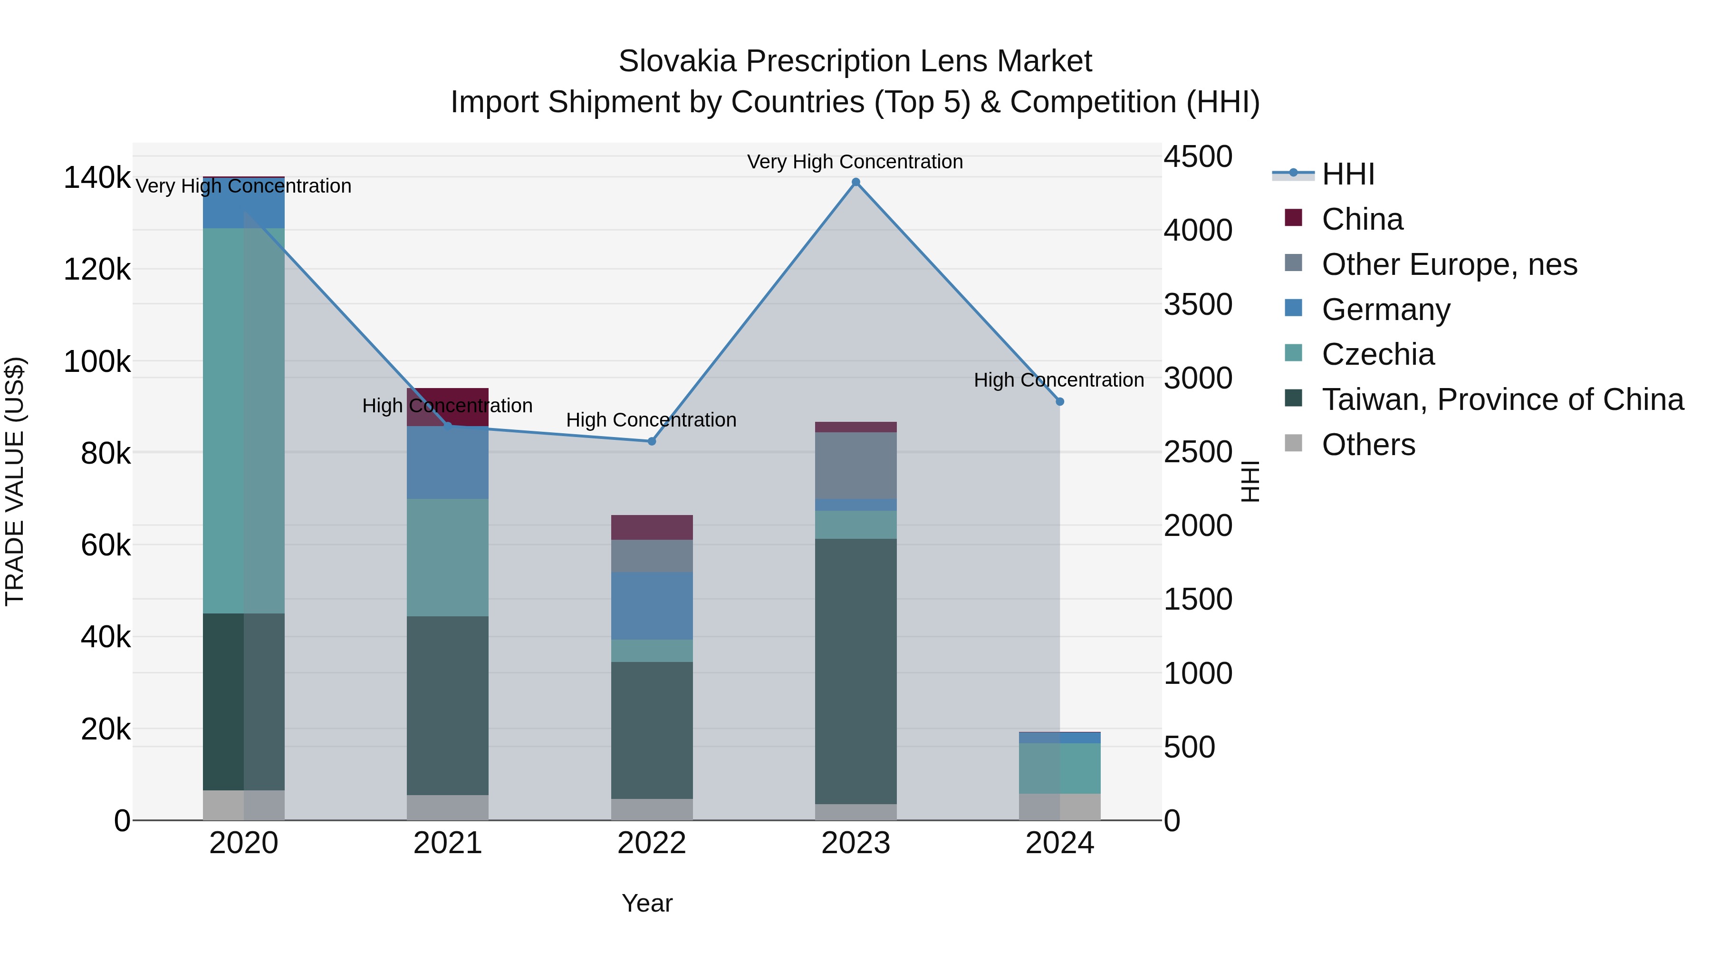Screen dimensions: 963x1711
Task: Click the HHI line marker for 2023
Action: click(855, 182)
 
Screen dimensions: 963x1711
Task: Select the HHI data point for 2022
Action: click(652, 441)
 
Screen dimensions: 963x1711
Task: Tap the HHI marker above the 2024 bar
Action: click(1059, 401)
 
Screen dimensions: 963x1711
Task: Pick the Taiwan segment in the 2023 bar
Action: click(855, 671)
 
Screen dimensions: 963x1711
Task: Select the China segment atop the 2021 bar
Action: click(448, 407)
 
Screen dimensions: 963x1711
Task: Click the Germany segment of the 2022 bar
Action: click(652, 605)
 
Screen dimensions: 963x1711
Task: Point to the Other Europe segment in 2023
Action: click(855, 465)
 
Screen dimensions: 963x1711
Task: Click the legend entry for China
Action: click(1362, 219)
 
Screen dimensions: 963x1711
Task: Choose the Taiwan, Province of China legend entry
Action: click(1502, 399)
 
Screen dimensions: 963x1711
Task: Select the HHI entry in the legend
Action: click(1348, 174)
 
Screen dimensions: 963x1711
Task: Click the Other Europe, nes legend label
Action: click(1449, 264)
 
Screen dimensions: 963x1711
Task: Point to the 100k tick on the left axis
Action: click(97, 362)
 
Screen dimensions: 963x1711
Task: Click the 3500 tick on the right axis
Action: click(1198, 304)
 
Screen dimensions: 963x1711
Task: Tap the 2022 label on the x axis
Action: click(652, 843)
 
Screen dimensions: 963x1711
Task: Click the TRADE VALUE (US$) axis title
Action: click(15, 481)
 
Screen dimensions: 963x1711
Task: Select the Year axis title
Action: click(647, 903)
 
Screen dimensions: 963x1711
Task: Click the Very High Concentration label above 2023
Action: click(855, 162)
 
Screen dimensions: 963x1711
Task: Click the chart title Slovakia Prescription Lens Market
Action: click(855, 61)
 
